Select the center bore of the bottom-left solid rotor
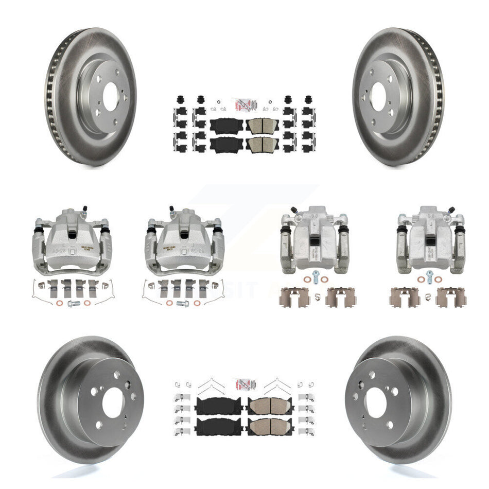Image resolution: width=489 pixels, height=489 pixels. tap(114, 401)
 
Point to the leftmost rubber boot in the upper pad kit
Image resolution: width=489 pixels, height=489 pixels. tap(180, 100)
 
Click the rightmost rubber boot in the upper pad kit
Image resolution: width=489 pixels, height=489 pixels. tap(309, 100)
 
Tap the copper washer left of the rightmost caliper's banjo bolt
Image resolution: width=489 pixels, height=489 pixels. tap(420, 280)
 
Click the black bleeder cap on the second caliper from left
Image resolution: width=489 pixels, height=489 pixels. tap(171, 208)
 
